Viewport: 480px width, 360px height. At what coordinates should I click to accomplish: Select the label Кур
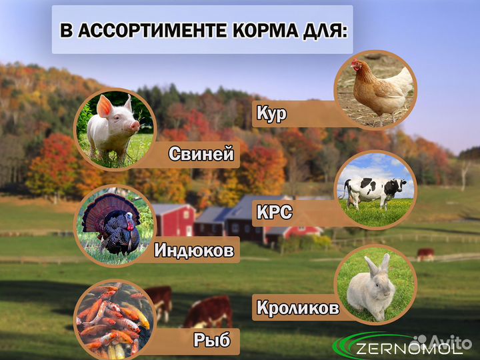tap(271, 114)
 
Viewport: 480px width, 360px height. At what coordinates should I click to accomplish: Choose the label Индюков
tap(194, 251)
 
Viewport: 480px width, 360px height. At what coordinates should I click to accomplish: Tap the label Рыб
tap(212, 341)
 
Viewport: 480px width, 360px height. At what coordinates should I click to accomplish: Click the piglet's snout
tap(135, 125)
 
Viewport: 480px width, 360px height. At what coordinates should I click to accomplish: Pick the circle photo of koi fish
tap(113, 318)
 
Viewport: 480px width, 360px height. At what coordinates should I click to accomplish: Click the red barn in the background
tap(173, 219)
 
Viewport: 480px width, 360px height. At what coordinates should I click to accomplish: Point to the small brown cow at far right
tap(425, 254)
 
